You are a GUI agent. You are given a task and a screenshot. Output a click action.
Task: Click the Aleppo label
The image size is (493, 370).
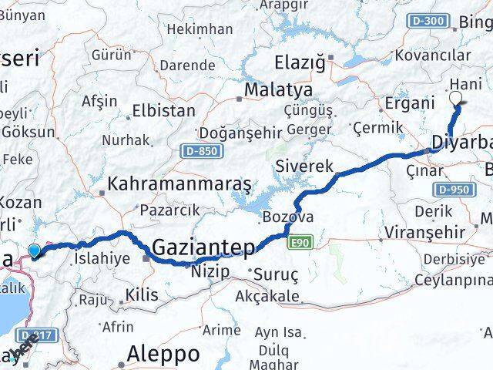166,355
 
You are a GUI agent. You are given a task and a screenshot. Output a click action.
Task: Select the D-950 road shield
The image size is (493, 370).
454,189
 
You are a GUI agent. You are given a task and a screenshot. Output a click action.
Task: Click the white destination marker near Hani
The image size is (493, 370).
455,99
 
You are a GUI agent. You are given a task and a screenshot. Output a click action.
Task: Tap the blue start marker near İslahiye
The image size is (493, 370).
34,250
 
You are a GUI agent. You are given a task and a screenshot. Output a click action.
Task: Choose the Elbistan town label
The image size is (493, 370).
163,110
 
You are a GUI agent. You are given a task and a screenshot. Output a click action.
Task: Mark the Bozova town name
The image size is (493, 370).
287,217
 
